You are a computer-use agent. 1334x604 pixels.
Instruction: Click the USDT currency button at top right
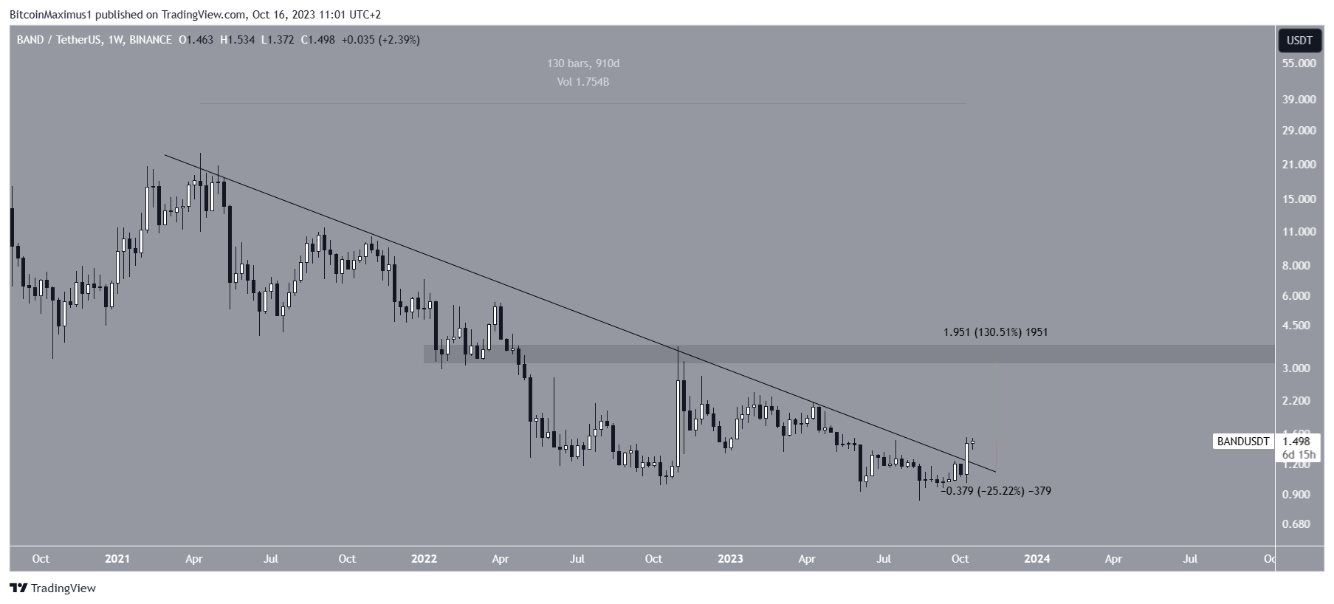(1299, 41)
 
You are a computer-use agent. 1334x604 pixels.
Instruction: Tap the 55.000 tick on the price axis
(1299, 64)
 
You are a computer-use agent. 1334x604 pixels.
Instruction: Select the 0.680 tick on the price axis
(1302, 524)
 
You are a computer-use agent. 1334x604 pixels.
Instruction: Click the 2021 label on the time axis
(117, 559)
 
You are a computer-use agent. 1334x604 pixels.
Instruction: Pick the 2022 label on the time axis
(424, 559)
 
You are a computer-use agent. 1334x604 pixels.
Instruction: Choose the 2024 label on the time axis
(1037, 559)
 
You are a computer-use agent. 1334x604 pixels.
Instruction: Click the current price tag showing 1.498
(1297, 442)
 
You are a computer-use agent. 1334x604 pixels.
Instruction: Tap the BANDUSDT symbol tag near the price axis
(1243, 442)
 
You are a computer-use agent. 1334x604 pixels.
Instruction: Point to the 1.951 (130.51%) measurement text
(995, 332)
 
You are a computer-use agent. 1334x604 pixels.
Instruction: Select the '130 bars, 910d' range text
(583, 64)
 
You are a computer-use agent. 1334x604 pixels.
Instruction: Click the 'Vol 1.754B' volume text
(583, 82)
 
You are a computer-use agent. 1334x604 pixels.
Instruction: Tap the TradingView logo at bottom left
(53, 588)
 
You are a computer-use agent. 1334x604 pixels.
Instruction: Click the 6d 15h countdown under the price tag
(1297, 454)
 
